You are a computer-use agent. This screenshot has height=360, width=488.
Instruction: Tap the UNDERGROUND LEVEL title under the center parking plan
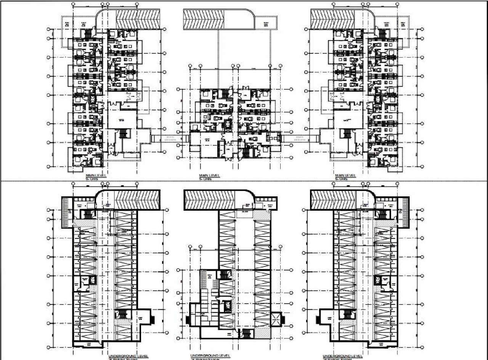tap(210, 355)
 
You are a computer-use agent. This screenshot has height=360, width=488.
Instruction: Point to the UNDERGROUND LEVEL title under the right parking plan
tap(342, 355)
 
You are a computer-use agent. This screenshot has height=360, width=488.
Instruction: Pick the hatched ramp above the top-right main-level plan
tap(332, 19)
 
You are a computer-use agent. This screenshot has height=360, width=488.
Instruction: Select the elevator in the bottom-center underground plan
tap(228, 306)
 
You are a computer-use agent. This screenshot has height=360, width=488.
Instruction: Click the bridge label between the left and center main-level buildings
tap(170, 138)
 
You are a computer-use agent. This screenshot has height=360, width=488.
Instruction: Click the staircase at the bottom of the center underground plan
tap(247, 334)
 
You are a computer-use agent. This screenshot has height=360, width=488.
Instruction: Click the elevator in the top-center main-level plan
tap(228, 124)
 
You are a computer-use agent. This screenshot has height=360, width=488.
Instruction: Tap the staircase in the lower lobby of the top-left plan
tap(122, 134)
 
